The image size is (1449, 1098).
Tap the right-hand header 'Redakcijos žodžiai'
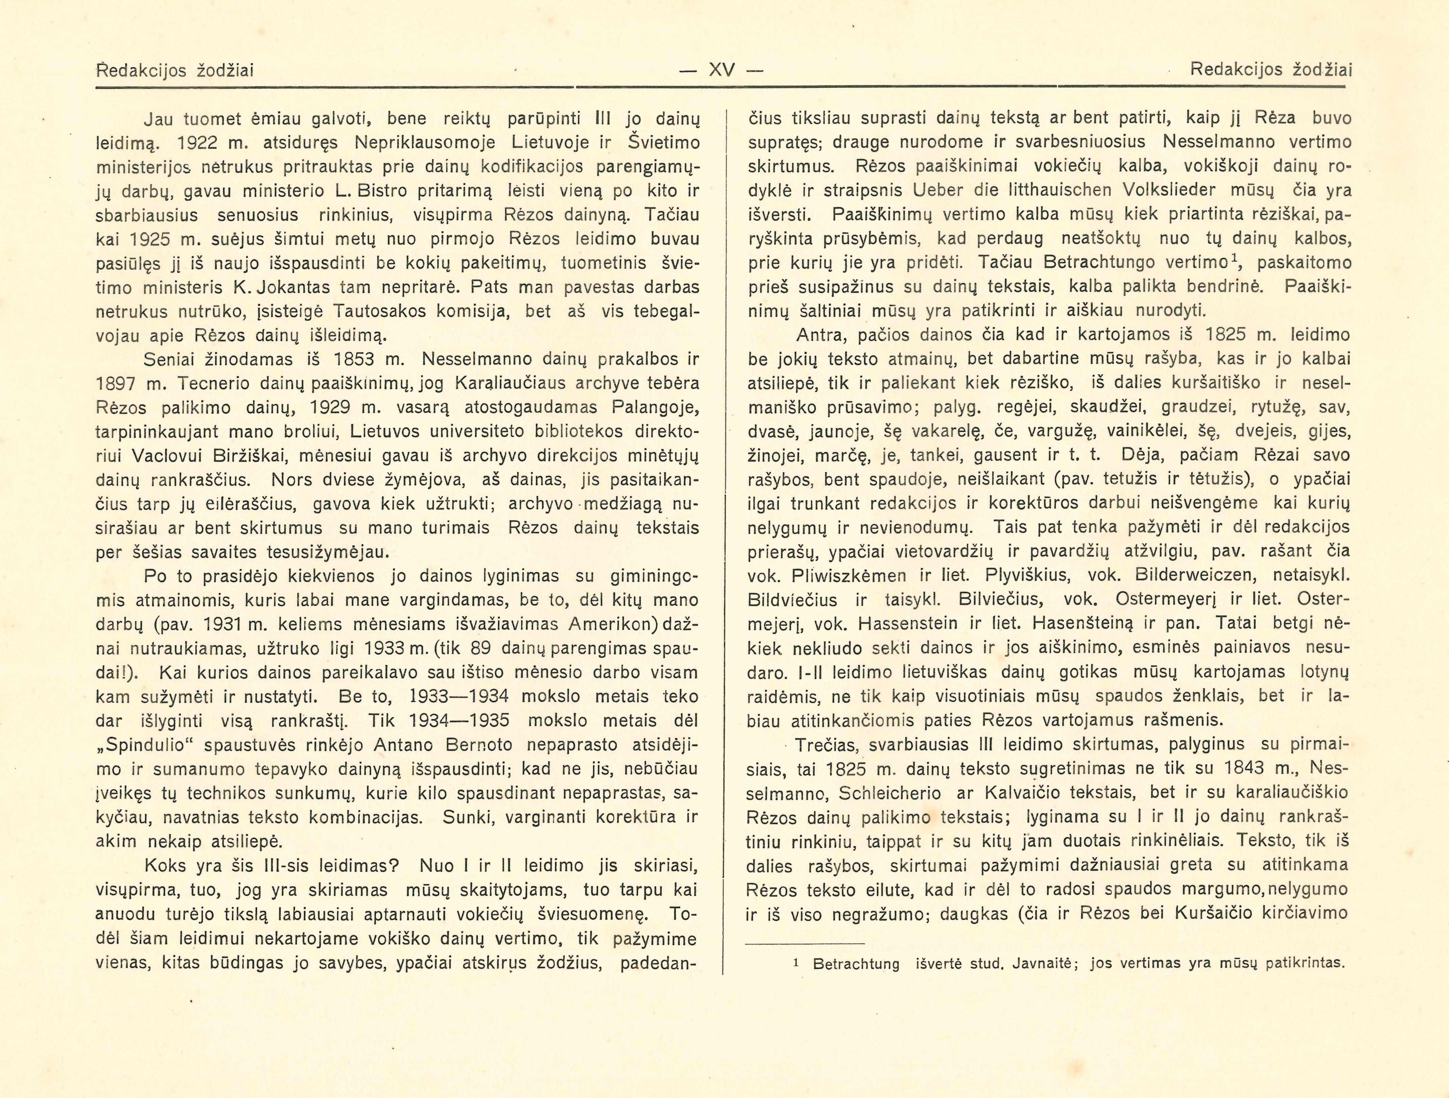pyautogui.click(x=1271, y=69)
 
